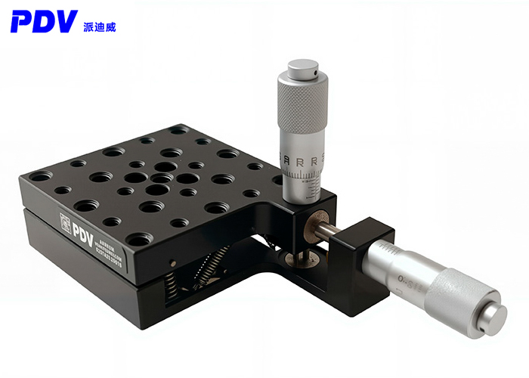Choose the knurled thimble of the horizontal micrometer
pyautogui.click(x=453, y=296)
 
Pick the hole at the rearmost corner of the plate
pyautogui.click(x=179, y=131)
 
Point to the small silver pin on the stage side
pyautogui.click(x=173, y=264)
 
